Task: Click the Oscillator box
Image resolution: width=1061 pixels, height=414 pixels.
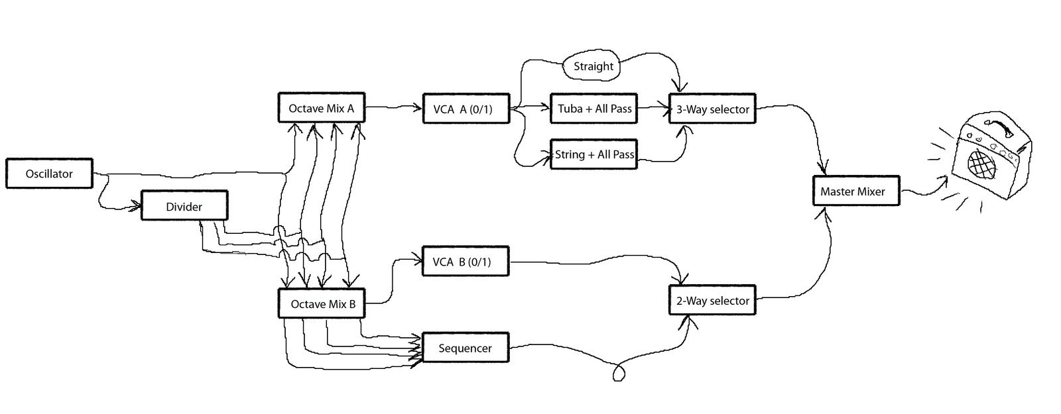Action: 49,174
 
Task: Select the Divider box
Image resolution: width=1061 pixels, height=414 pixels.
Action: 184,206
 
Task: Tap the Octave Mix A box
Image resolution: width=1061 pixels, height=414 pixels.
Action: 322,108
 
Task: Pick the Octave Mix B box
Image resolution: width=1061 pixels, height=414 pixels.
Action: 322,304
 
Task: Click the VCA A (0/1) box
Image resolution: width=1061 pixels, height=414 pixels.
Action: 466,109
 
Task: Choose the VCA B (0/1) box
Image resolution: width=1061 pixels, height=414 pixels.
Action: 466,262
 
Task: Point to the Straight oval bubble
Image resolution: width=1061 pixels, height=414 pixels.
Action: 593,66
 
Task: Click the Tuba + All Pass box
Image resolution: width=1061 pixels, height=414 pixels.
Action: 594,109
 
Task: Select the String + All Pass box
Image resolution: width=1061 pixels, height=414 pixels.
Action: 594,154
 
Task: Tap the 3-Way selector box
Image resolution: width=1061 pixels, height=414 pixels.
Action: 712,109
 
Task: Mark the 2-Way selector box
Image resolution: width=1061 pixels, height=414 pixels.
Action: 712,301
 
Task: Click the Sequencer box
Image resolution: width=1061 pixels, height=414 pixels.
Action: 466,348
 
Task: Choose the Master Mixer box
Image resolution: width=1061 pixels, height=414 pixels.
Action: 856,191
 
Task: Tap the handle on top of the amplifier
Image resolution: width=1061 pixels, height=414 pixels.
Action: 999,126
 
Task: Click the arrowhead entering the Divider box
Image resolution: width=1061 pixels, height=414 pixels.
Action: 138,207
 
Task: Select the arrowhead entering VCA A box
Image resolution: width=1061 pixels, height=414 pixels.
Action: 419,107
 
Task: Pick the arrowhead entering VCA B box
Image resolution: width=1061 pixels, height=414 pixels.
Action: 419,260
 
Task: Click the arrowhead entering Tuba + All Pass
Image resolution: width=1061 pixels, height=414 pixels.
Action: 546,106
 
